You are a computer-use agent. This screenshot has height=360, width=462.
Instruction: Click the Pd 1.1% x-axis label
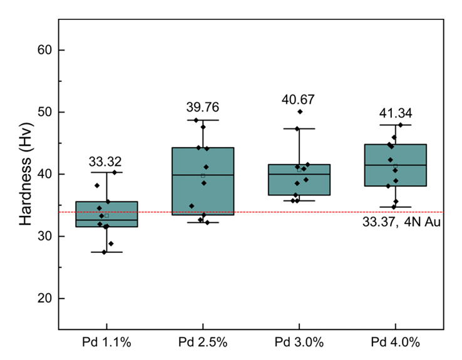click(x=106, y=342)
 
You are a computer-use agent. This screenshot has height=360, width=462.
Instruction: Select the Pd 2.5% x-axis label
click(x=203, y=342)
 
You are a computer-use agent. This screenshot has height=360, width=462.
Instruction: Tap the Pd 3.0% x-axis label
click(x=299, y=342)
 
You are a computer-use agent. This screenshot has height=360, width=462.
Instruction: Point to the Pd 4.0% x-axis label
click(x=396, y=342)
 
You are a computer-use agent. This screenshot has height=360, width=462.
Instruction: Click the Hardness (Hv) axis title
click(x=25, y=174)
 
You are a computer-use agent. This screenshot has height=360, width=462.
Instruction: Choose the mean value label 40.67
click(x=299, y=99)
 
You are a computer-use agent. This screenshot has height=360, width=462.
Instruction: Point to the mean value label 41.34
click(x=396, y=113)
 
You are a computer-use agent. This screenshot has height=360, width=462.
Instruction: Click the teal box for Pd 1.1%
click(x=106, y=214)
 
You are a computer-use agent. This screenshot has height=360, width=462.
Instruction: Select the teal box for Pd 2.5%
click(x=203, y=182)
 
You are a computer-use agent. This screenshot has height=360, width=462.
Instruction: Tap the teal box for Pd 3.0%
click(x=299, y=180)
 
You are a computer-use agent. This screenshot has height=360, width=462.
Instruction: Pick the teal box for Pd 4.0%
click(x=396, y=165)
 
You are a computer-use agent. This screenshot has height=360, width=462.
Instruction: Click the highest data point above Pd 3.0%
click(x=300, y=111)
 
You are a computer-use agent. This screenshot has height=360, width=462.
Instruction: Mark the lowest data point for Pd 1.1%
click(x=104, y=252)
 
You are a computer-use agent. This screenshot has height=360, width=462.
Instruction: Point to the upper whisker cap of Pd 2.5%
click(x=203, y=120)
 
